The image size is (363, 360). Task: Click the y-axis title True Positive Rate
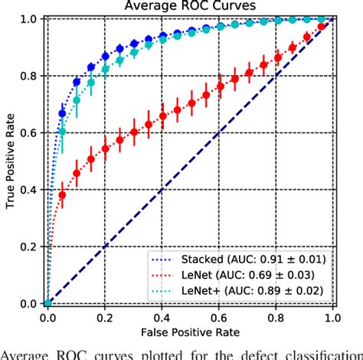point(10,159)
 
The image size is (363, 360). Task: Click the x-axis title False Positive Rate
point(191,330)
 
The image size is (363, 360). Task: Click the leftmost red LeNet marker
point(62,195)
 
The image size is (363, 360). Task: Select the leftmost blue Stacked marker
point(62,113)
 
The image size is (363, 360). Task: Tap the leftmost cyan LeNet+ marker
point(62,131)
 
